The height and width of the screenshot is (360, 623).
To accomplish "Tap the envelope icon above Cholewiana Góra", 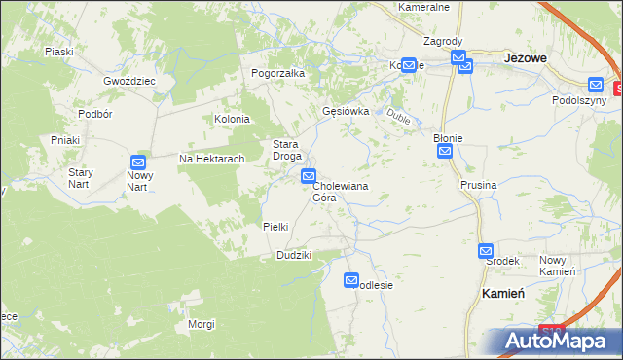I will click(x=309, y=176).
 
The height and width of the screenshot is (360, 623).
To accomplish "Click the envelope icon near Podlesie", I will click(x=351, y=280).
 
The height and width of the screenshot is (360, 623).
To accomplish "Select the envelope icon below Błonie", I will click(x=445, y=152).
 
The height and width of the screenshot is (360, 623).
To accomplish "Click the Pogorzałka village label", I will click(x=278, y=73).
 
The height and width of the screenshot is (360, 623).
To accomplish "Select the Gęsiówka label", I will click(x=346, y=111).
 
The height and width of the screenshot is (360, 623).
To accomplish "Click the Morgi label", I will click(x=202, y=324).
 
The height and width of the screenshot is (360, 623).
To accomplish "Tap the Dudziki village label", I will click(x=293, y=255).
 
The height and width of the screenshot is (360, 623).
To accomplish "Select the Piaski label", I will click(x=59, y=52).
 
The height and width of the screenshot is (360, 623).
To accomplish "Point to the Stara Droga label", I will click(x=286, y=149).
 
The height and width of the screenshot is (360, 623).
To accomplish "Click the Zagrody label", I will click(x=443, y=42).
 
